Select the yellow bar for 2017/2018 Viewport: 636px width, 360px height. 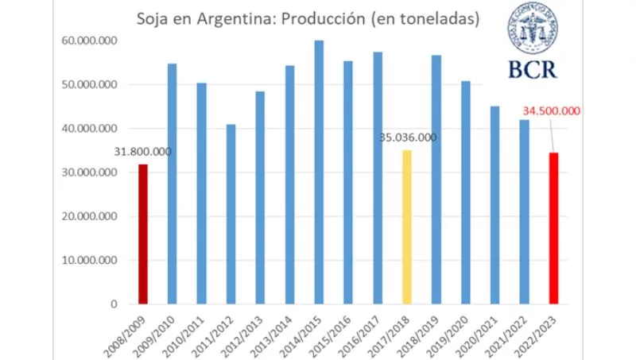407,226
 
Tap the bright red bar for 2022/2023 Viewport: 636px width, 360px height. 554,228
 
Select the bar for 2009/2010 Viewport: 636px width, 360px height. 172,184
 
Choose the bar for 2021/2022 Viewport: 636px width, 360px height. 525,211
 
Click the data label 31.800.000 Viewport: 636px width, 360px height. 142,152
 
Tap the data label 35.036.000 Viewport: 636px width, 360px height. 409,137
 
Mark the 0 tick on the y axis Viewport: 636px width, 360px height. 114,304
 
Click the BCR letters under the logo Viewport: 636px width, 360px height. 536,69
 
